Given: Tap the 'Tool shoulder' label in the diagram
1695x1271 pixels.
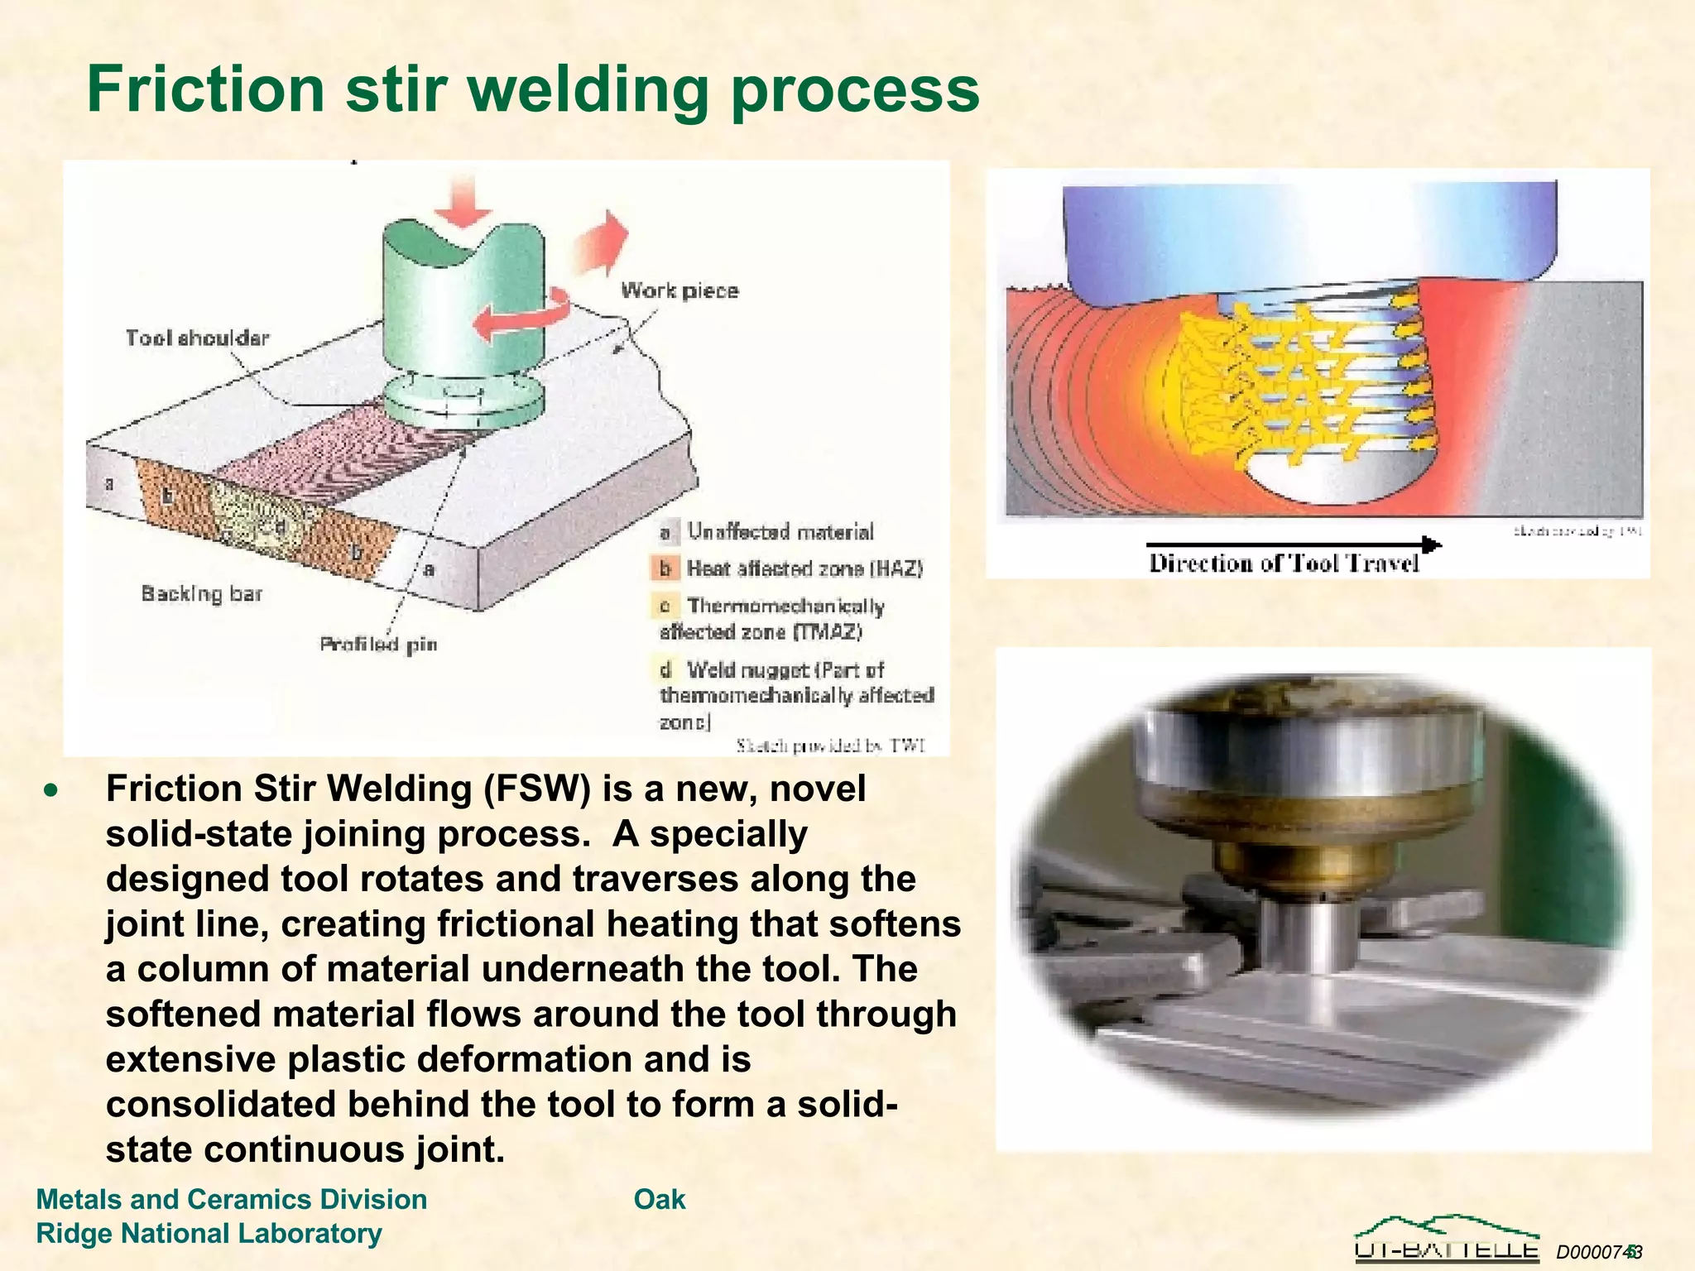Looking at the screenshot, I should tap(197, 338).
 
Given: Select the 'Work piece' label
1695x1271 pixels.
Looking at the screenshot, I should tap(679, 290).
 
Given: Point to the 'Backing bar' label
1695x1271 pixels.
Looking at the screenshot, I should tap(201, 593).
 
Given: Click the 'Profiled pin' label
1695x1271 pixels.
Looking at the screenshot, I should tap(378, 644).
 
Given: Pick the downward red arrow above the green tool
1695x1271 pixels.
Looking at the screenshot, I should tap(463, 201).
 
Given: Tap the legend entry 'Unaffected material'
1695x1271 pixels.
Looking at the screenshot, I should tap(780, 531).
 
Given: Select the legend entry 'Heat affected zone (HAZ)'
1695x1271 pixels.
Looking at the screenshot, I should tap(804, 568).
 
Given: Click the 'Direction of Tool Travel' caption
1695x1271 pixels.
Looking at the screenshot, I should tap(1283, 564).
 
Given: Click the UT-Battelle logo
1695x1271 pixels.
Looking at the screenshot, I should tap(1447, 1239).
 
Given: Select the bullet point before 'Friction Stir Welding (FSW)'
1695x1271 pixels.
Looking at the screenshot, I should tap(52, 790).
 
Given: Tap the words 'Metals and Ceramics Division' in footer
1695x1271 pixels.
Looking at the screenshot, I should tap(232, 1199).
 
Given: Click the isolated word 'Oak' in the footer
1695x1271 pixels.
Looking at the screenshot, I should tap(660, 1199).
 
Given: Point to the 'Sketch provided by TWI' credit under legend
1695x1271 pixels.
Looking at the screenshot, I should tap(830, 746).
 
